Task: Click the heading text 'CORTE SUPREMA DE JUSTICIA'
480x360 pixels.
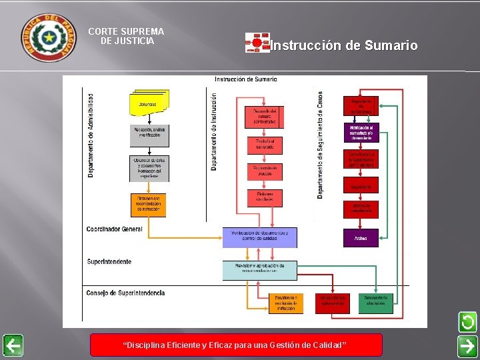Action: click(126, 36)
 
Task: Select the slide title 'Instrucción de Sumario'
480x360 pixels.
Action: click(344, 45)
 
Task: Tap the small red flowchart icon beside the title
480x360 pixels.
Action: click(257, 43)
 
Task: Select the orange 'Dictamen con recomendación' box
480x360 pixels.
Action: click(148, 204)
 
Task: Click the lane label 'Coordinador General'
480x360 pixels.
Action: click(114, 229)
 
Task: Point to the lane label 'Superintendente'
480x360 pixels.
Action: click(109, 261)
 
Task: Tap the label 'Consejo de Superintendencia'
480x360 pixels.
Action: click(125, 293)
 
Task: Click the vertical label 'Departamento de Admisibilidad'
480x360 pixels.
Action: click(91, 135)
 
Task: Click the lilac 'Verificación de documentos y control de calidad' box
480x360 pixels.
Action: click(260, 236)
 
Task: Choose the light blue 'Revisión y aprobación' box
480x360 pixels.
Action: click(260, 269)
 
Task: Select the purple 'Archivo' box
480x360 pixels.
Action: click(361, 237)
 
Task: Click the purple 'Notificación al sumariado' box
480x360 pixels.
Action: click(361, 132)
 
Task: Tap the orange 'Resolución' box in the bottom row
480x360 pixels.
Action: click(286, 303)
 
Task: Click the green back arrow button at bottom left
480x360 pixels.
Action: click(12, 345)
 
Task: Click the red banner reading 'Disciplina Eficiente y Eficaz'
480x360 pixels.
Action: click(236, 345)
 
